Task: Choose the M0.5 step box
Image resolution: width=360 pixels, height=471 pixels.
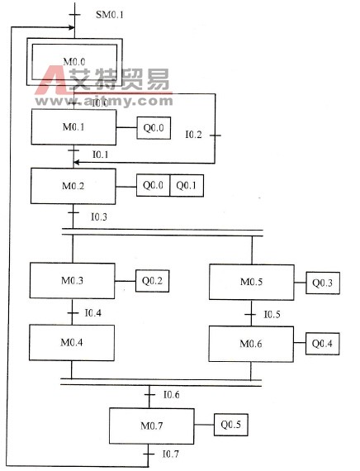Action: coord(252,283)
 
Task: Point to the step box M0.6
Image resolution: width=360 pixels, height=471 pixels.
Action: coord(252,343)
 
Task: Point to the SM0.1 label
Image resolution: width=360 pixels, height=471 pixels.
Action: coord(109,15)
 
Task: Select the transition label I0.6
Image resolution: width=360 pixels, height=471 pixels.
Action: coord(172,394)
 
